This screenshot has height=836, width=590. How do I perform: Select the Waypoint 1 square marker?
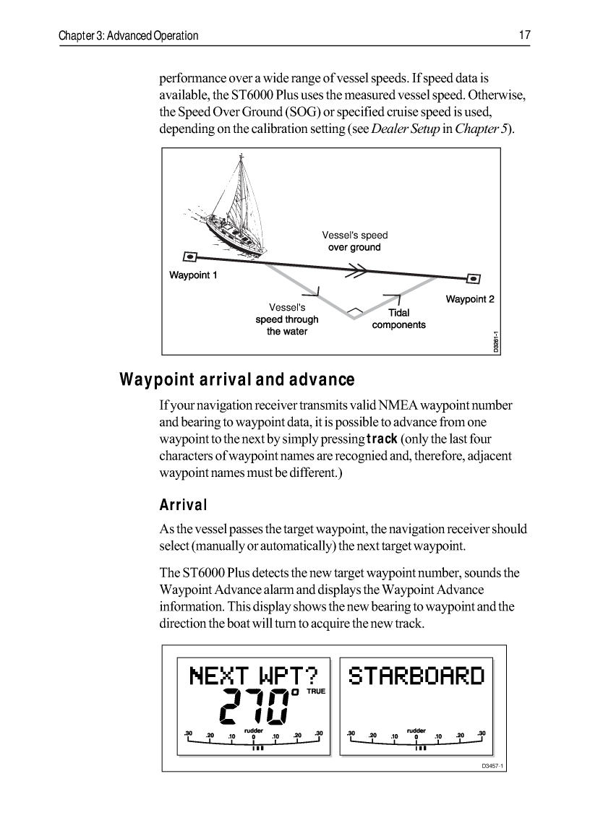coord(189,256)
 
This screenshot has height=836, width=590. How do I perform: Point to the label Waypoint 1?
coord(193,275)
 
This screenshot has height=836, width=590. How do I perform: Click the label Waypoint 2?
coord(470,299)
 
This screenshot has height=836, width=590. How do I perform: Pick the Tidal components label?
coord(398,319)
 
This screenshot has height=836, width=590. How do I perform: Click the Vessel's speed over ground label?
coord(354,241)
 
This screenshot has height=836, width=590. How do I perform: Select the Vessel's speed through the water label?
coord(287,319)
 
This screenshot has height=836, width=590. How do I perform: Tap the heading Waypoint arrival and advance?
coord(237,379)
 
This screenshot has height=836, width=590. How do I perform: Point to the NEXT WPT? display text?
coord(253,676)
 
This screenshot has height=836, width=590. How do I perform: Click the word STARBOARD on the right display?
coord(416,676)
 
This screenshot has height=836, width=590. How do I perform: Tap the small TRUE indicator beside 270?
coord(317,691)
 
